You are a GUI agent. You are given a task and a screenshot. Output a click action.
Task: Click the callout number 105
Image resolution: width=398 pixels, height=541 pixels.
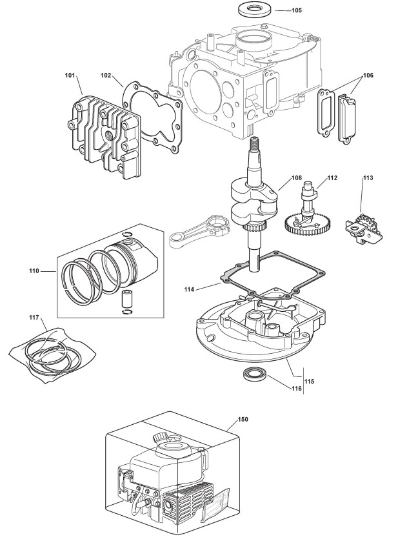pyautogui.click(x=297, y=10)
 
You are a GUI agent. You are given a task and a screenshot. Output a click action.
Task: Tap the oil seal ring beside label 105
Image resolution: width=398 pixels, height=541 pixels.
pyautogui.click(x=254, y=8)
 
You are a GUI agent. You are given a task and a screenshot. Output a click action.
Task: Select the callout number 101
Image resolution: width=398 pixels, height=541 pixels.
pyautogui.click(x=70, y=76)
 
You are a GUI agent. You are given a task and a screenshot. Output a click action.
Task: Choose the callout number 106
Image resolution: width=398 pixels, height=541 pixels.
pyautogui.click(x=368, y=76)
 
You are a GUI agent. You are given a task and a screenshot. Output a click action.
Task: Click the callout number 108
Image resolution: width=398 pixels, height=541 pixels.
pyautogui.click(x=297, y=178)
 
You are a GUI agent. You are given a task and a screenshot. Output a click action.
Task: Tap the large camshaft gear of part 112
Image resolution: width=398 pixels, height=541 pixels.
pyautogui.click(x=308, y=224)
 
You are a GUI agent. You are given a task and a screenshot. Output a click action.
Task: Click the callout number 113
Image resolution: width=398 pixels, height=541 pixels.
pyautogui.click(x=368, y=178)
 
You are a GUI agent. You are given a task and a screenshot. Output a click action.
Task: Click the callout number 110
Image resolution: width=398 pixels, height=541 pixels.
pyautogui.click(x=34, y=271)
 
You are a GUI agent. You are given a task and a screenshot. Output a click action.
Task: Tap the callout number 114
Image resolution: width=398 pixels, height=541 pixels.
pyautogui.click(x=189, y=289)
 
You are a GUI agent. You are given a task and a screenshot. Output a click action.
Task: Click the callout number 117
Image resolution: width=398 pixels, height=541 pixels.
pyautogui.click(x=34, y=318)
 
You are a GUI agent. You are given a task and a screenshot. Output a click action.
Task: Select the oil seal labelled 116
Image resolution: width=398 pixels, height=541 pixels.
pyautogui.click(x=254, y=374)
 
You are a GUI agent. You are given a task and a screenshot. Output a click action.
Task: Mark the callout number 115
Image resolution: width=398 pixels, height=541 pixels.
pyautogui.click(x=310, y=382)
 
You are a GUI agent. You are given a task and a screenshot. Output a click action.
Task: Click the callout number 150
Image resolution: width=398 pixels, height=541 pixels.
pyautogui.click(x=243, y=420)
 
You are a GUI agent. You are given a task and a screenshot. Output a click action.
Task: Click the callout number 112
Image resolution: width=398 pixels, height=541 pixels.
pyautogui.click(x=332, y=178)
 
